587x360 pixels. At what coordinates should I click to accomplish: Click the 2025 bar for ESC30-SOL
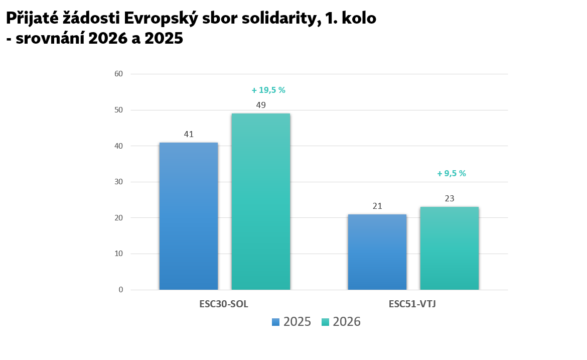(x=189, y=216)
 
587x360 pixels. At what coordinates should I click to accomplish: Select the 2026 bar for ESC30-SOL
(x=260, y=201)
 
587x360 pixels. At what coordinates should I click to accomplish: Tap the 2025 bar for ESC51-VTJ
(x=377, y=252)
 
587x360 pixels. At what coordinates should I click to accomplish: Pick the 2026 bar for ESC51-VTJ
(x=449, y=248)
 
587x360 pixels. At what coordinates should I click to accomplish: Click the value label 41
(x=189, y=135)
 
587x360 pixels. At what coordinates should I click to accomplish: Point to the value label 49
(x=261, y=105)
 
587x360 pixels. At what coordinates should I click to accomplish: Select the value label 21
(x=377, y=206)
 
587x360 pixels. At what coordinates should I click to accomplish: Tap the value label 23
(x=450, y=198)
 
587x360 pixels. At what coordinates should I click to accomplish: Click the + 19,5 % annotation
(x=268, y=90)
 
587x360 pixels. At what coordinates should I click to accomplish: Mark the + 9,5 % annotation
(x=452, y=174)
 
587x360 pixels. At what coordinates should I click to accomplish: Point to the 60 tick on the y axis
(x=119, y=74)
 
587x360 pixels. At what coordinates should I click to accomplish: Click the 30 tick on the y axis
(x=119, y=182)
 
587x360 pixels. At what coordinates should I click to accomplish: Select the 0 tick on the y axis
(x=121, y=290)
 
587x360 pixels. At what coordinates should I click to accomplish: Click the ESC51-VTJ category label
(x=412, y=304)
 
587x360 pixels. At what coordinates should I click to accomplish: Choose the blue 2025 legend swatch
(x=275, y=322)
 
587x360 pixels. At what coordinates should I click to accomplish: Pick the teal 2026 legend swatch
(x=325, y=322)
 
